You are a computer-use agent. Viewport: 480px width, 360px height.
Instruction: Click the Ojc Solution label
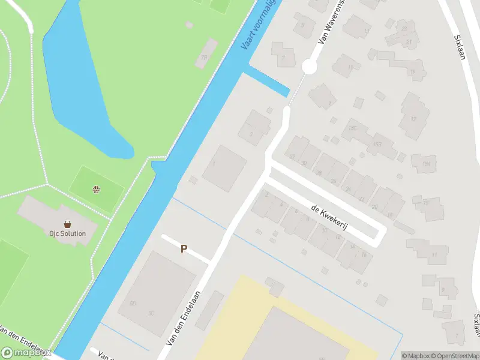point(68,233)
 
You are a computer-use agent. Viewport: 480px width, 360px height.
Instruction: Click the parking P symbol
point(184,248)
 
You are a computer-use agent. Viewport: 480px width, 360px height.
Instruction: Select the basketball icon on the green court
point(95,190)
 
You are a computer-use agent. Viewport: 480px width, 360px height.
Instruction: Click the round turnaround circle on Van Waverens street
point(309,67)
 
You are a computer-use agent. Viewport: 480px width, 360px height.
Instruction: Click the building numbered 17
point(413,119)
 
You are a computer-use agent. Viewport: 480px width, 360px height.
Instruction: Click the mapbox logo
point(27,352)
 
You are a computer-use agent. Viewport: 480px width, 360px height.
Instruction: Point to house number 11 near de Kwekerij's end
point(434,255)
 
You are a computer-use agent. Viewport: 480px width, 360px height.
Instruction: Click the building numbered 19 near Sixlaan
point(412,72)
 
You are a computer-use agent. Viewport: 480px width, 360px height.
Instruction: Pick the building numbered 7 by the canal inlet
point(283,58)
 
